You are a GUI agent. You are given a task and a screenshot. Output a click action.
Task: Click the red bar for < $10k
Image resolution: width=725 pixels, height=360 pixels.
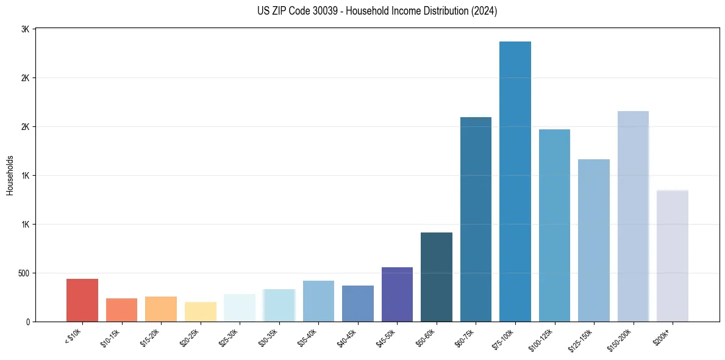pyautogui.click(x=82, y=300)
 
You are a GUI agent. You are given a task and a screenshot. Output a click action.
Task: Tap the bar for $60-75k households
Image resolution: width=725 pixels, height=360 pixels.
pyautogui.click(x=476, y=219)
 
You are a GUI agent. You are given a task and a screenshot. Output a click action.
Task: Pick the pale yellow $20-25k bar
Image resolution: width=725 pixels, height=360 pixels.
pyautogui.click(x=201, y=312)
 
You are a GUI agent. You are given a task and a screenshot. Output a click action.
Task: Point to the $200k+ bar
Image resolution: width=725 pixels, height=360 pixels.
pyautogui.click(x=673, y=256)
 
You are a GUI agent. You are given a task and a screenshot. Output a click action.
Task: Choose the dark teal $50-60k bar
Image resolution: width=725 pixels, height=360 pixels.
pyautogui.click(x=437, y=277)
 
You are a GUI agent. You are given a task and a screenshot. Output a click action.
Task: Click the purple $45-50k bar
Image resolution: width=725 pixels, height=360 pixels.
pyautogui.click(x=397, y=295)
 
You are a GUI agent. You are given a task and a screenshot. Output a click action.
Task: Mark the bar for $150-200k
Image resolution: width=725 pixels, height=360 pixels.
pyautogui.click(x=633, y=217)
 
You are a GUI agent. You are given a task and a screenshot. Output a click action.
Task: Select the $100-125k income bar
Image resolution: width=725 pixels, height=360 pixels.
pyautogui.click(x=554, y=226)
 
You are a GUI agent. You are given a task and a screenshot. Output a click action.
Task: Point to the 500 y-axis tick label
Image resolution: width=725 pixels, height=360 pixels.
pyautogui.click(x=23, y=273)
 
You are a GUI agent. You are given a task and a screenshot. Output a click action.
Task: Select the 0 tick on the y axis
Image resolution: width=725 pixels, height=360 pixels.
pyautogui.click(x=28, y=322)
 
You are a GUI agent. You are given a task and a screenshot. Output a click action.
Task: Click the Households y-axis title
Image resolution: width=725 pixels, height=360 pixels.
pyautogui.click(x=10, y=175)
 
